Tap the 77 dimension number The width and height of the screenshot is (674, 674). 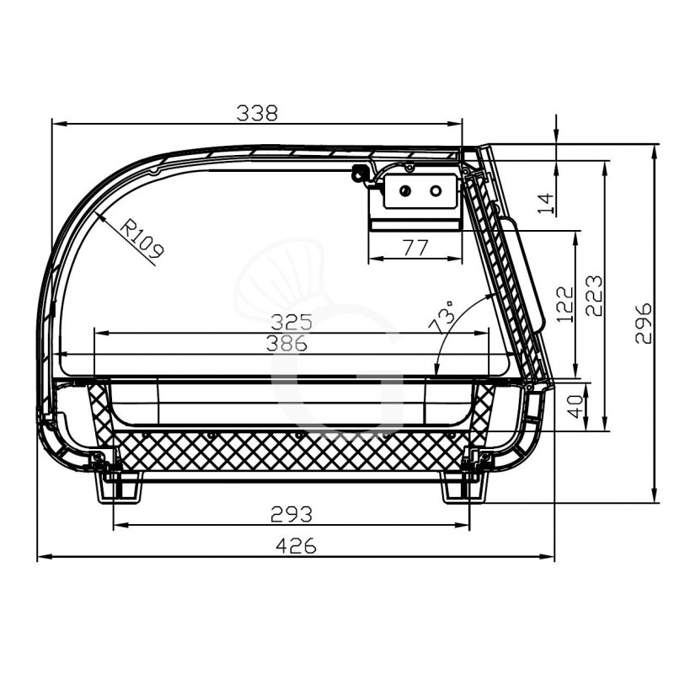(x=414, y=248)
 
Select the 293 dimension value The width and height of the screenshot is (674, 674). (x=292, y=513)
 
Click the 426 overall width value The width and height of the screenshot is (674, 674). (x=297, y=546)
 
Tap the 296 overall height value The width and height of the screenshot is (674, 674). (x=644, y=323)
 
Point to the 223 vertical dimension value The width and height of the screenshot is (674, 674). (x=593, y=295)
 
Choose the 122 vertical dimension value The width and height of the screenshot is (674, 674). (x=564, y=304)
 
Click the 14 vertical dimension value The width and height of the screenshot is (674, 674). (x=546, y=202)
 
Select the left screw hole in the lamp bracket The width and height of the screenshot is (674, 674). (x=405, y=191)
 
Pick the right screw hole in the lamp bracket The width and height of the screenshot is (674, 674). (x=436, y=191)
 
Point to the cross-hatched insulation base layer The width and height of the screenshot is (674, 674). (x=286, y=455)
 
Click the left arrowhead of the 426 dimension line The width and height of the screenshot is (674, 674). (x=40, y=557)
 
